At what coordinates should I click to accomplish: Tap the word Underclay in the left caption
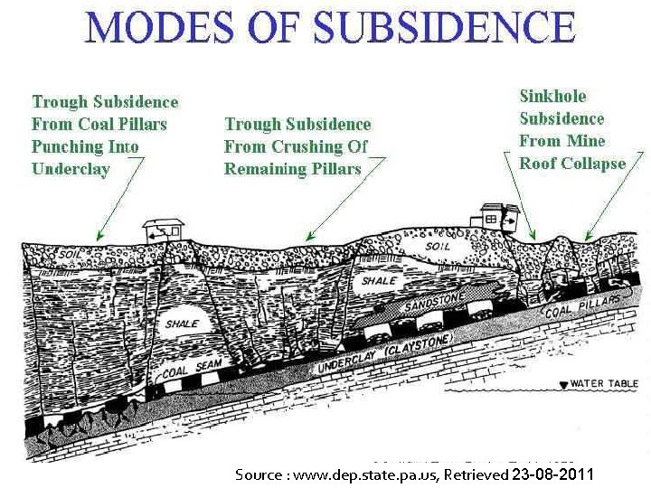71,169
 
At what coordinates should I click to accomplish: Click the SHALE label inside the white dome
182,324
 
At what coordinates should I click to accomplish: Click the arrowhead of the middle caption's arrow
306,239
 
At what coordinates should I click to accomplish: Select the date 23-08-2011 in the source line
552,474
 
